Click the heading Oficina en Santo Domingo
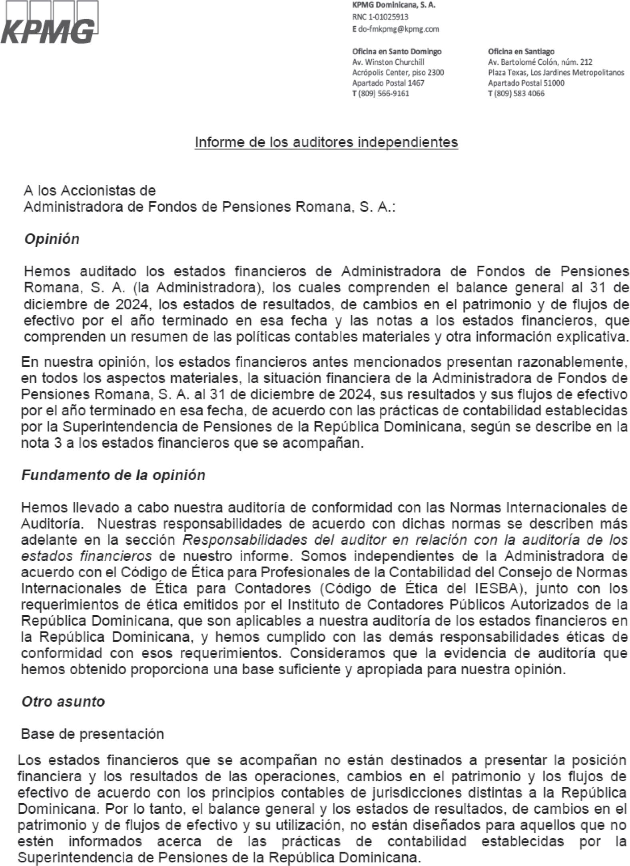click(x=397, y=52)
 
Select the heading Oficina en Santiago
click(x=521, y=52)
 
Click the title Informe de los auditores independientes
click(x=326, y=142)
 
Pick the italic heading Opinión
click(x=52, y=239)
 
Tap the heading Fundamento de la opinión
click(x=113, y=475)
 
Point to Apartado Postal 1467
click(x=388, y=83)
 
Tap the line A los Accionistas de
click(x=90, y=191)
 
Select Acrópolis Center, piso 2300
click(x=398, y=73)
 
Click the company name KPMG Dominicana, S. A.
click(x=393, y=6)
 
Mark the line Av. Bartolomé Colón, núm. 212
click(x=540, y=62)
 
